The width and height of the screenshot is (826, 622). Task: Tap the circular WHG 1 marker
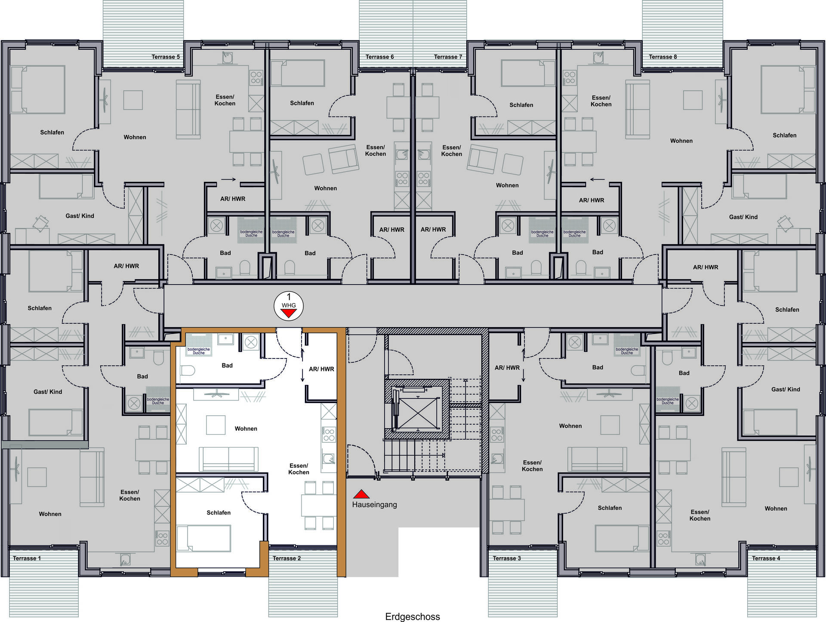coord(289,306)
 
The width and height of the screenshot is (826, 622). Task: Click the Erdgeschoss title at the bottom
coord(413,617)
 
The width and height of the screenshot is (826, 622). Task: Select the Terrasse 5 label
coord(166,57)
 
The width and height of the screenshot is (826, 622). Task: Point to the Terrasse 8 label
coord(663,57)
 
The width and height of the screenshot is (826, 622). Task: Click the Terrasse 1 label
coord(27,558)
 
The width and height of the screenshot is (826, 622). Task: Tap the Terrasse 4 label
coord(766,558)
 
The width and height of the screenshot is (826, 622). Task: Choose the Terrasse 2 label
coord(287,558)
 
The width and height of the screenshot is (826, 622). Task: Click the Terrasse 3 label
coord(507,558)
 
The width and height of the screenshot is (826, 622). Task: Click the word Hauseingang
coord(374,505)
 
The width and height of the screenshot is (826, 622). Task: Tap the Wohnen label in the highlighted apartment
coord(246,429)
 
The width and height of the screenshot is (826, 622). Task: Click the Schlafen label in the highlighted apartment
coord(219,512)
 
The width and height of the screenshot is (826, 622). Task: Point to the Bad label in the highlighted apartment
coord(227,365)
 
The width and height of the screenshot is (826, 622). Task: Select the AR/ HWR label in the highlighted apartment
coord(321,369)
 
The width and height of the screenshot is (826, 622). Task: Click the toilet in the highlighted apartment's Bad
coord(188,371)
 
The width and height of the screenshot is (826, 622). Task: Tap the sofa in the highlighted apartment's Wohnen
coord(228,459)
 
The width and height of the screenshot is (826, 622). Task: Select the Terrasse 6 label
coord(379,57)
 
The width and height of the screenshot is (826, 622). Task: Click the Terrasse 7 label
coord(448,57)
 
